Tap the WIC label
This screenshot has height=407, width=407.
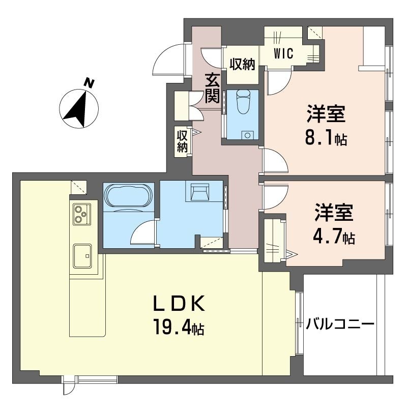tap(284, 54)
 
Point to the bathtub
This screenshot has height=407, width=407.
tap(128, 196)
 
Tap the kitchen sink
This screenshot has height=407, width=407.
tap(81, 255)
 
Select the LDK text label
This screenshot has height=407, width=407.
tap(180, 304)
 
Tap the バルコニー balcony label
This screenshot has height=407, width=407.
tap(340, 324)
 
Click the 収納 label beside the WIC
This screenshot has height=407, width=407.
tap(242, 65)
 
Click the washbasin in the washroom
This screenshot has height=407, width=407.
tap(200, 192)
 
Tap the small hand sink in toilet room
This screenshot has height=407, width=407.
tap(248, 135)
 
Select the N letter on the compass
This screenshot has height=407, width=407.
tap(90, 83)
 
